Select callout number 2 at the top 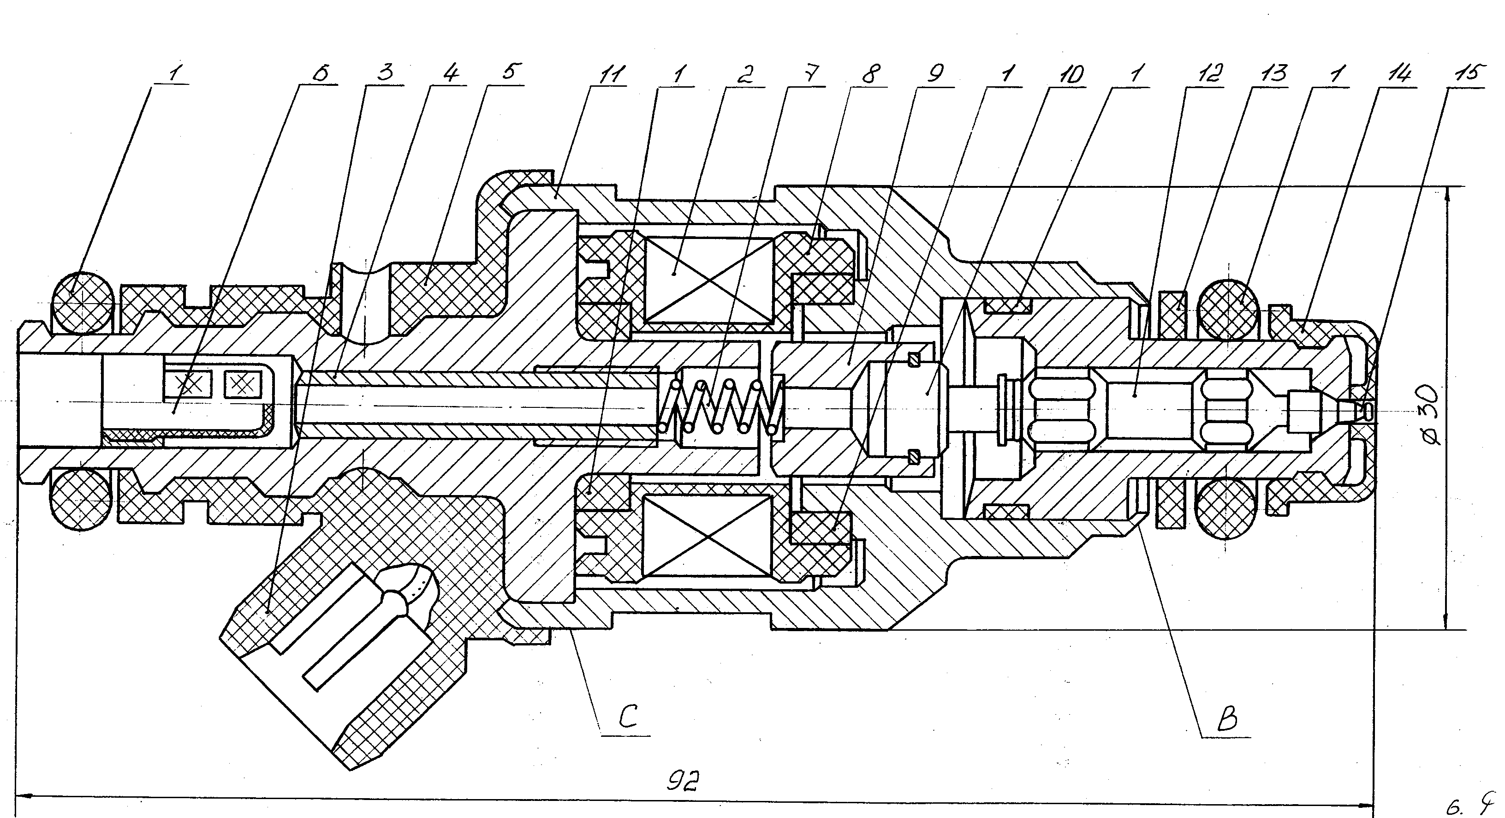745,74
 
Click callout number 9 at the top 935,74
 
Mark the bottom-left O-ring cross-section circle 81,500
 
